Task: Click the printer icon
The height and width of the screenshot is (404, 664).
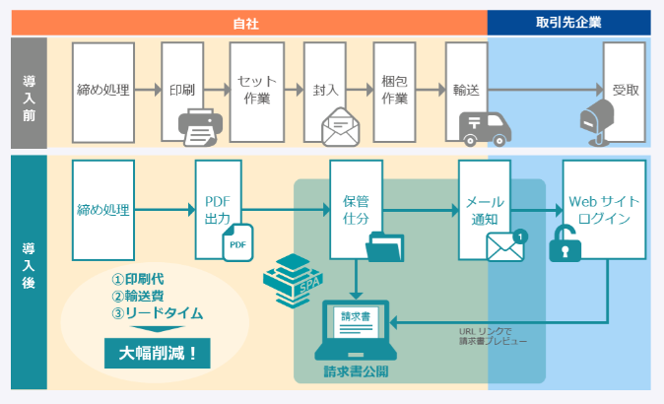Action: pos(199,125)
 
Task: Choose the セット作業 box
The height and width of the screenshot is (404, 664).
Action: pos(257,90)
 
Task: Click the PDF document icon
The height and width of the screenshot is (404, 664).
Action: pos(237,242)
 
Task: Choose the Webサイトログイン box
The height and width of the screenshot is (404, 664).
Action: pos(604,210)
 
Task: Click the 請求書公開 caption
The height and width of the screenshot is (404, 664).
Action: pos(357,371)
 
